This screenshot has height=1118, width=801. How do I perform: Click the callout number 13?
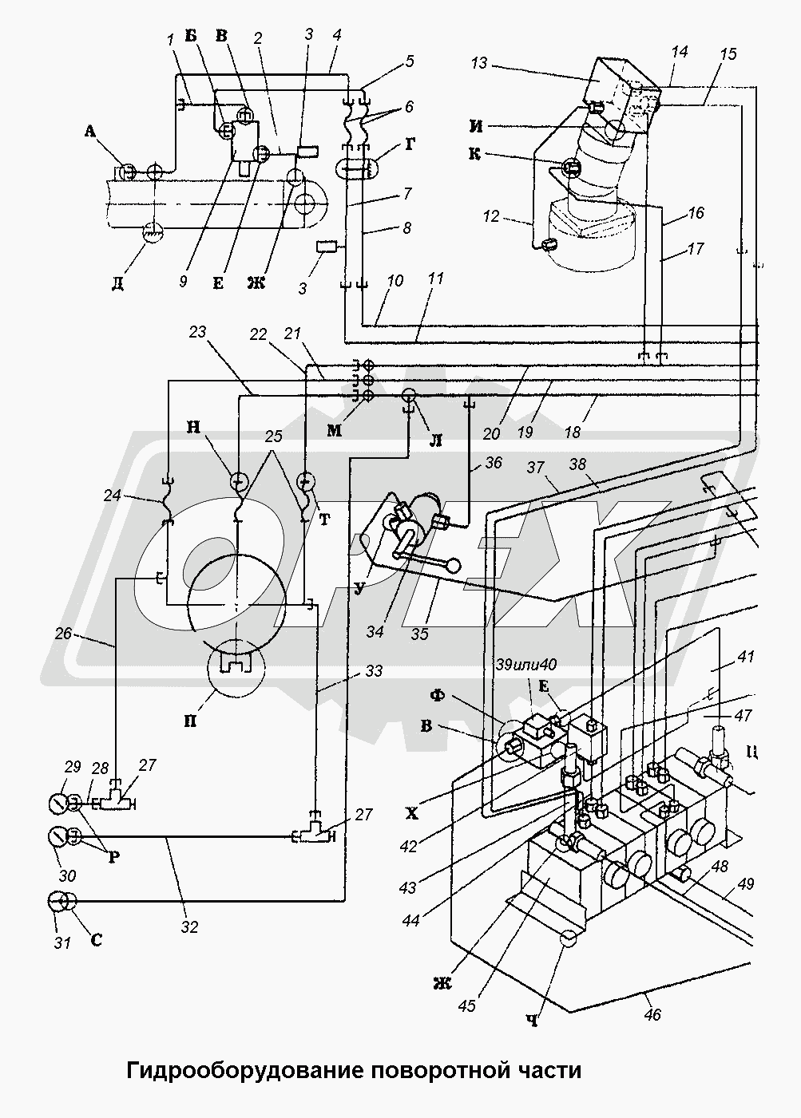click(479, 65)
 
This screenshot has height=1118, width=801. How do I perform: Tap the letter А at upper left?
click(89, 131)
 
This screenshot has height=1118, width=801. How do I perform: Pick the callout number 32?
click(190, 926)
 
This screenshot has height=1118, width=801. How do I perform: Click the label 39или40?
click(527, 664)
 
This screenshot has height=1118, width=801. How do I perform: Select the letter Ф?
click(438, 695)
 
